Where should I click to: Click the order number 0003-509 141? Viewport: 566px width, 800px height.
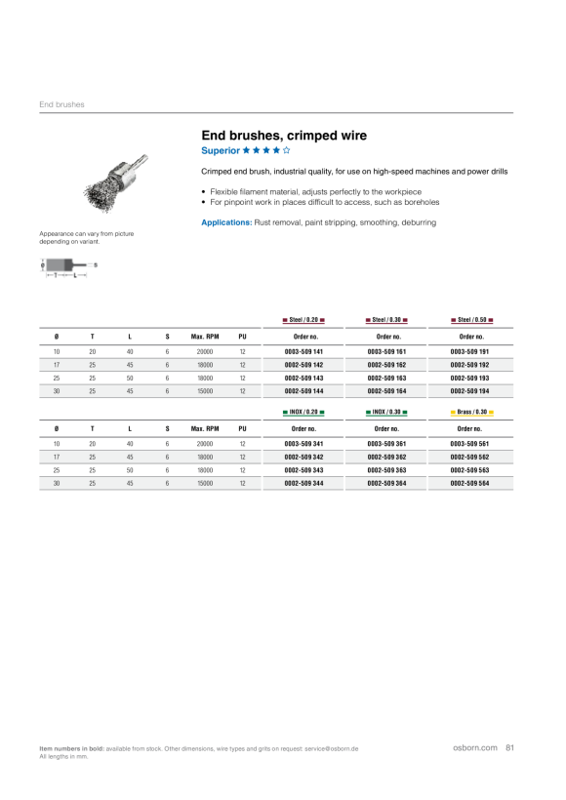click(303, 351)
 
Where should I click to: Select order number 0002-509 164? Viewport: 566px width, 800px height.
click(386, 391)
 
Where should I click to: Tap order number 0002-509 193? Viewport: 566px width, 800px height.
click(469, 379)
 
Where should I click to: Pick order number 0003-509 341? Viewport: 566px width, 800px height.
click(303, 444)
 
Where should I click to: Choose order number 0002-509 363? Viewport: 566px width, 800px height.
click(386, 470)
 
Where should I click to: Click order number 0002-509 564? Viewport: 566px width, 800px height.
click(469, 483)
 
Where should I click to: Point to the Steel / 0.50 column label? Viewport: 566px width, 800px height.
click(471, 320)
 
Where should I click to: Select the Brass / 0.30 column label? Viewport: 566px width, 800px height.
click(471, 412)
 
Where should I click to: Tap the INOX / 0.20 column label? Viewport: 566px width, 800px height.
click(303, 412)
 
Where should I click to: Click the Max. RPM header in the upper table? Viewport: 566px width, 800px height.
click(205, 337)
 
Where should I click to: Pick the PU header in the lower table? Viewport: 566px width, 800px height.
click(242, 429)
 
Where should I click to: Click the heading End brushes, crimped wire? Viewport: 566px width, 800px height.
click(284, 136)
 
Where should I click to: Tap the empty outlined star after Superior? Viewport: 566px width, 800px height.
click(286, 150)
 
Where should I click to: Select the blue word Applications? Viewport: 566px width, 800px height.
click(226, 222)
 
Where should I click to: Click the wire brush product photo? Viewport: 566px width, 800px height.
click(116, 183)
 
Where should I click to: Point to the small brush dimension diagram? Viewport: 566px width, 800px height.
click(68, 267)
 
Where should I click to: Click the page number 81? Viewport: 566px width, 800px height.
click(509, 747)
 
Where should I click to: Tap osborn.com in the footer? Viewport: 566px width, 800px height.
click(475, 747)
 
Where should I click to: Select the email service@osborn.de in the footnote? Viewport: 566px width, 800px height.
click(331, 749)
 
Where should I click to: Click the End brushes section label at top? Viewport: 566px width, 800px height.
click(61, 104)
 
